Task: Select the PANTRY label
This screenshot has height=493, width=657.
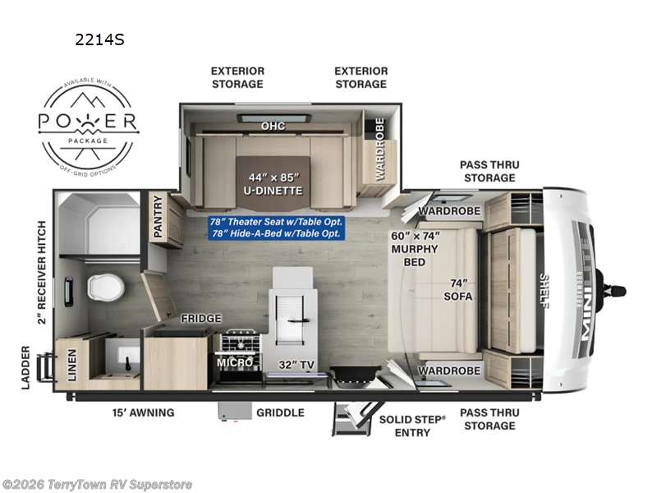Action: (158, 219)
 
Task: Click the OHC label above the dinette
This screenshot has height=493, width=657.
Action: (273, 126)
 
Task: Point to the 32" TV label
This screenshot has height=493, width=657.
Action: (295, 362)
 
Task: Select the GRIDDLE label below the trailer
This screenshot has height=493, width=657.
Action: (279, 412)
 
